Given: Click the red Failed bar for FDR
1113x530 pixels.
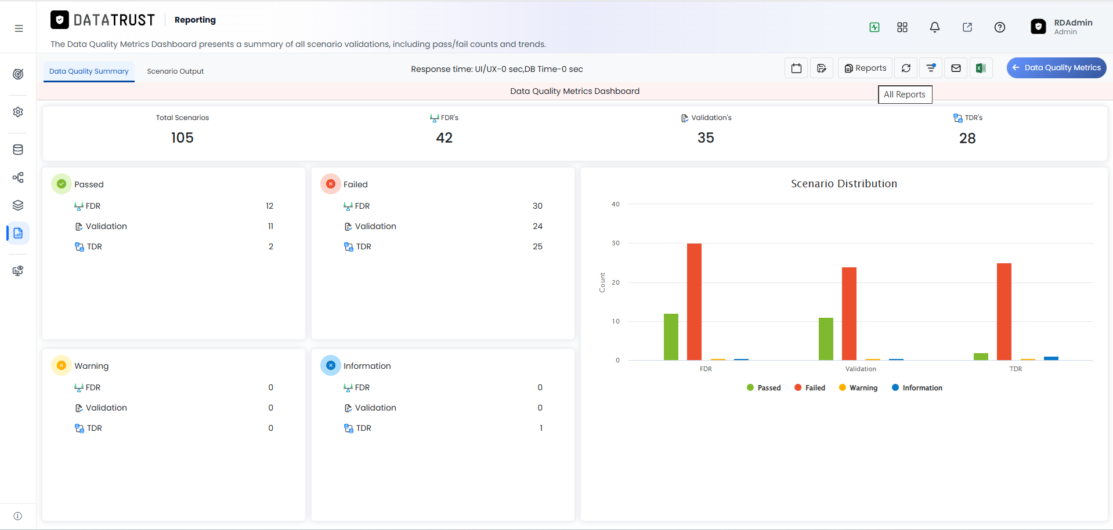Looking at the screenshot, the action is point(694,302).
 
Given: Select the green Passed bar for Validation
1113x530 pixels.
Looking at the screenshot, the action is point(826,339).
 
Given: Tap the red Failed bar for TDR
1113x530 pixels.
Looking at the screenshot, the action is point(1004,311).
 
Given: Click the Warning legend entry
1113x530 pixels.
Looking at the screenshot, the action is point(858,388).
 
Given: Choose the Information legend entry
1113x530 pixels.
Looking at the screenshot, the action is point(917,388).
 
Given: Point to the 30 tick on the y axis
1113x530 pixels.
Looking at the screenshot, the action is point(616,243).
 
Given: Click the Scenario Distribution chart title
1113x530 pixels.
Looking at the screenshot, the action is point(844,184).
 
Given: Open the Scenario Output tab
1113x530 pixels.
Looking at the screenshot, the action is point(175,71).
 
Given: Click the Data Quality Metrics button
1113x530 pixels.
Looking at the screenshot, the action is point(1056,68).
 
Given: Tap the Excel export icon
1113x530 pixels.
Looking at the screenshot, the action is point(981,68).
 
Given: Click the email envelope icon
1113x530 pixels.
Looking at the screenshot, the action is point(956,68).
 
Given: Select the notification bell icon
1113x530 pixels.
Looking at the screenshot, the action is point(934,27).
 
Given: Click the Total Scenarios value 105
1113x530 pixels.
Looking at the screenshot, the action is point(182,138).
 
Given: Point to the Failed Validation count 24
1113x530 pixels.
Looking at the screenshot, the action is point(537,226).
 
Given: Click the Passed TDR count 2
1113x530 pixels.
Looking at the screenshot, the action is point(271,246).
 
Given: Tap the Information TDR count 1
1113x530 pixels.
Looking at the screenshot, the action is point(541,428).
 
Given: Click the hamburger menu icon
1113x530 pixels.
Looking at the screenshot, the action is point(19,28).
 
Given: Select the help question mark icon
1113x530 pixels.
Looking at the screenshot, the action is point(999,27).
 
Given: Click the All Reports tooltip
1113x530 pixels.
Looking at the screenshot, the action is point(905,95).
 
